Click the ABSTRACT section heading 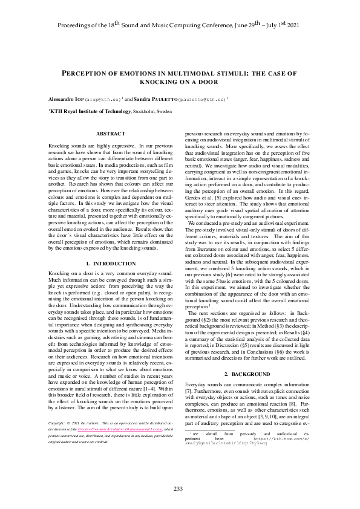(x=111, y=134)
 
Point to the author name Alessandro (x=64, y=98)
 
